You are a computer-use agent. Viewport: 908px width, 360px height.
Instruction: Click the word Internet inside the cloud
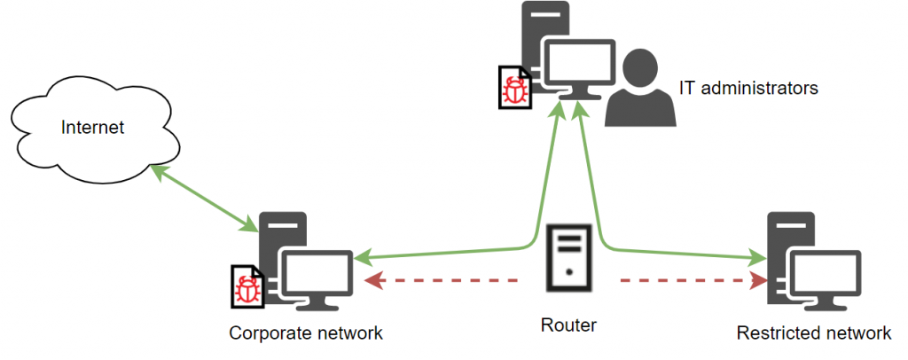[93, 128]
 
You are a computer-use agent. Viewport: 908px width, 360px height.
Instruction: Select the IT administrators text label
[748, 88]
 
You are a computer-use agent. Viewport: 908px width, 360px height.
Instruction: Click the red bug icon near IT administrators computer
[513, 90]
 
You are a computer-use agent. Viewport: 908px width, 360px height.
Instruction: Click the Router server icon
[567, 257]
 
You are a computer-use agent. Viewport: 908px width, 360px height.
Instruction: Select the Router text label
[568, 325]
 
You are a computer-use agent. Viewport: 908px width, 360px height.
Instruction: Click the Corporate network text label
[306, 333]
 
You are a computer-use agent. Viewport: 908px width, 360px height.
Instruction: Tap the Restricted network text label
[813, 333]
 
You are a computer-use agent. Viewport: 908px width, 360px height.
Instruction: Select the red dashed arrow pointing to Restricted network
[692, 281]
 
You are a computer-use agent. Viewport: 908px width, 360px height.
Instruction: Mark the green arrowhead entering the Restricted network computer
[757, 258]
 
